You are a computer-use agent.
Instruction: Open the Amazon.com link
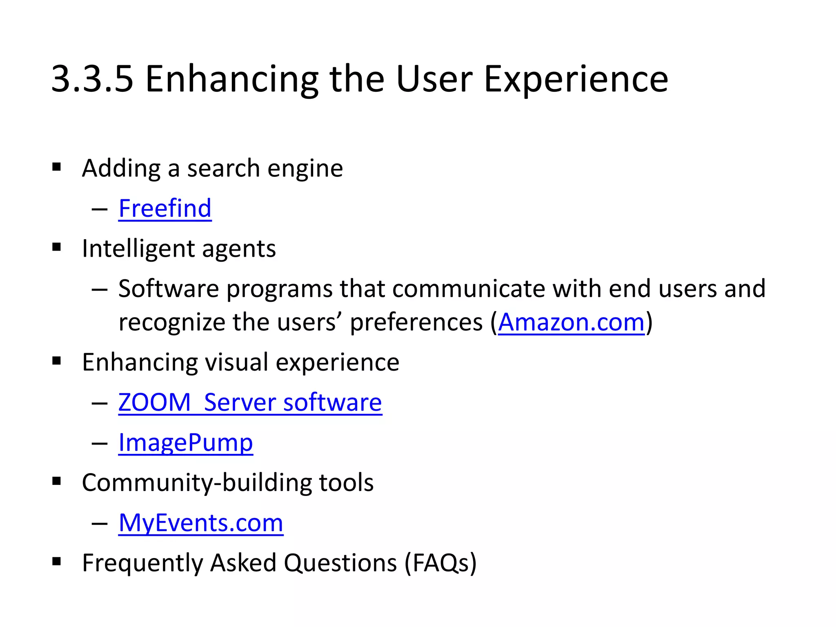tap(571, 322)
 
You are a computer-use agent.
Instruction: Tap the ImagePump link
tap(185, 442)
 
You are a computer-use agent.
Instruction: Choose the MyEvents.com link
tap(201, 523)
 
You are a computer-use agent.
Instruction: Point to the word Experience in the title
tap(576, 80)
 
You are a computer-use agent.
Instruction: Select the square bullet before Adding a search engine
tap(57, 167)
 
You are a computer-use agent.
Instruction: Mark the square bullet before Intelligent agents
tap(57, 247)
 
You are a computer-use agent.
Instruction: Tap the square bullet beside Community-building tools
tap(57, 481)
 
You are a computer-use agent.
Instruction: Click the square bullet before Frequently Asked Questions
tap(57, 562)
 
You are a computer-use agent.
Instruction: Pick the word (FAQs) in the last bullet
tap(440, 563)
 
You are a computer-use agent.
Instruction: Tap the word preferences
tap(416, 322)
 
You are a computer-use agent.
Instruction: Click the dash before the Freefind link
tap(100, 209)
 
